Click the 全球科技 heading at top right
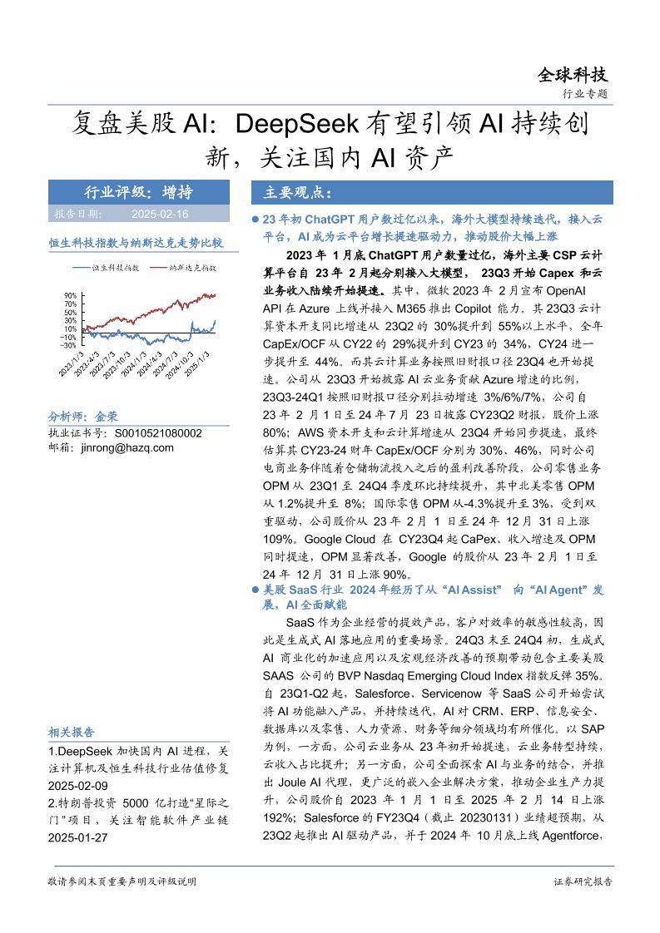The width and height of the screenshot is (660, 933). pos(571,75)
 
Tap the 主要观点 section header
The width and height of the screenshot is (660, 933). pos(298,193)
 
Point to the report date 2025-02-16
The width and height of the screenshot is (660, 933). pos(161,214)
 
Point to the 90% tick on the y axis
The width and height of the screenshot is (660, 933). pos(70,295)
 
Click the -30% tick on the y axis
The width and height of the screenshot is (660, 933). pos(68,345)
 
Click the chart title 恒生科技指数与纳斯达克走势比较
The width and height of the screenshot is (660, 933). pos(136,243)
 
